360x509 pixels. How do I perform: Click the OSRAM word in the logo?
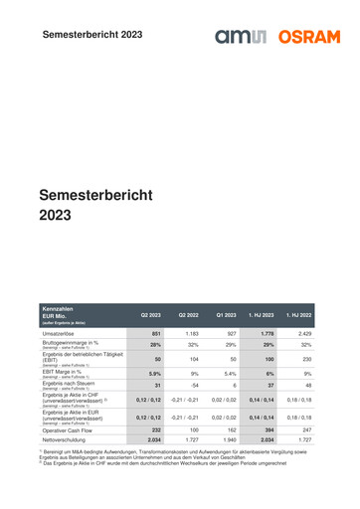(308, 37)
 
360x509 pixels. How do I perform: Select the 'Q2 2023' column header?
(150, 314)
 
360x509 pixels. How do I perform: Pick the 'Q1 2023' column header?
(226, 314)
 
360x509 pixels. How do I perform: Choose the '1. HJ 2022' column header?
(299, 314)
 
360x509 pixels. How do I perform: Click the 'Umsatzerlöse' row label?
(60, 333)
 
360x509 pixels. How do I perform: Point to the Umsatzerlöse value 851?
(155, 333)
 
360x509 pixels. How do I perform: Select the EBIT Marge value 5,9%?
(154, 372)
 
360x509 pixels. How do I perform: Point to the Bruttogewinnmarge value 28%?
(155, 344)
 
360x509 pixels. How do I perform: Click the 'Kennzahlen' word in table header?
(57, 309)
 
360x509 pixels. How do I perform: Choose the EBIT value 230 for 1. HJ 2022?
(306, 358)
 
